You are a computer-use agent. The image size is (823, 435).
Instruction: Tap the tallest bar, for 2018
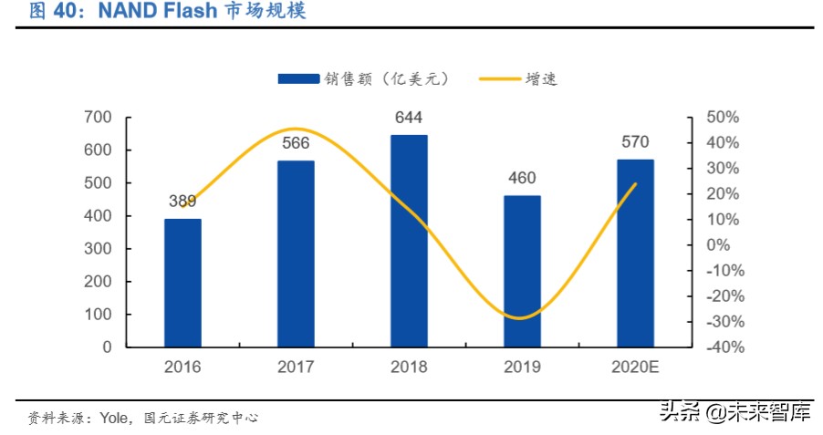point(409,241)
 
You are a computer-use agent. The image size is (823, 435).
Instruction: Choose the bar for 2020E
point(635,253)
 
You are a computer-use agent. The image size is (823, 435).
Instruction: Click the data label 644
point(409,118)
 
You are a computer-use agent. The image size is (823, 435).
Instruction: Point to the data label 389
point(182,202)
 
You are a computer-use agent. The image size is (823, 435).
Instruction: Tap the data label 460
point(522,178)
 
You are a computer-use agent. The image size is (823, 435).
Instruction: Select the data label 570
point(635,141)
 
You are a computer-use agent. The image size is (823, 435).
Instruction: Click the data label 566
point(296,143)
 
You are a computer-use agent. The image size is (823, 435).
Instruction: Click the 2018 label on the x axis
point(409,368)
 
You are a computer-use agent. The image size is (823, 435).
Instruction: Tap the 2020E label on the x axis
point(635,368)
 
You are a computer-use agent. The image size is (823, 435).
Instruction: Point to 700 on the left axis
point(98,118)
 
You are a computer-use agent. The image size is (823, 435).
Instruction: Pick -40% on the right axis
point(722,347)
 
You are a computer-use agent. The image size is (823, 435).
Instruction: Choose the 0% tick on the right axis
point(720,245)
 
